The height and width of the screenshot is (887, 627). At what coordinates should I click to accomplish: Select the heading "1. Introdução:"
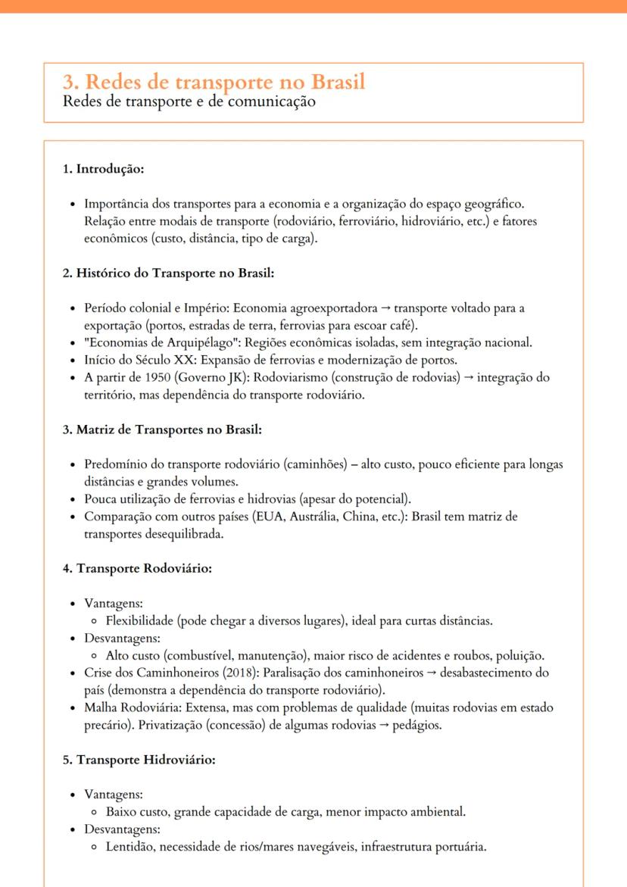(103, 169)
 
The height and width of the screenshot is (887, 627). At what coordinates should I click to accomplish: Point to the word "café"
(403, 325)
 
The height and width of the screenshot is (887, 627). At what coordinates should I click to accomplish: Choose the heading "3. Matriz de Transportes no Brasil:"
(162, 430)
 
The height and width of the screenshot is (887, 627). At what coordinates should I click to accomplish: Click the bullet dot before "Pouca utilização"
(72, 499)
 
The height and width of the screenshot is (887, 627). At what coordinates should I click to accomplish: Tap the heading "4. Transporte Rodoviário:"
(137, 569)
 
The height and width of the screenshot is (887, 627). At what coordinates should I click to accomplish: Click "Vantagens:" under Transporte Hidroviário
(114, 795)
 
